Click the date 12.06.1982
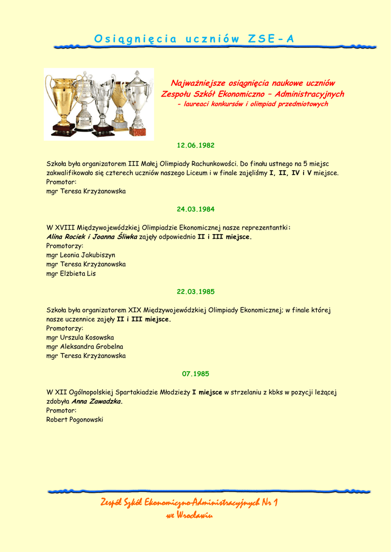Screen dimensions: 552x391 [196, 146]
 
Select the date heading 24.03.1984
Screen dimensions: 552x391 [196, 209]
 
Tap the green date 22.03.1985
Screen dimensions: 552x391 [196, 292]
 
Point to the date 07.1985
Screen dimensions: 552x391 [196, 374]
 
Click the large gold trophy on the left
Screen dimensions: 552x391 [62, 102]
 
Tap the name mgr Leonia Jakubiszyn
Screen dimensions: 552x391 [81, 255]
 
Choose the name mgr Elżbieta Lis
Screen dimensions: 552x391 [71, 273]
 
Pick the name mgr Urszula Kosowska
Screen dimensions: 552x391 [80, 337]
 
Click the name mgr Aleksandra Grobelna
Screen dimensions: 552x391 [85, 347]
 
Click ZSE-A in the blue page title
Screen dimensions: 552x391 [271, 39]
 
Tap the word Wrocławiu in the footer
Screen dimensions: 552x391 [195, 515]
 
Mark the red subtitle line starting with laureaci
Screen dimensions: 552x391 [252, 104]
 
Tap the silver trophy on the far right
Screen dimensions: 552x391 [138, 102]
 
